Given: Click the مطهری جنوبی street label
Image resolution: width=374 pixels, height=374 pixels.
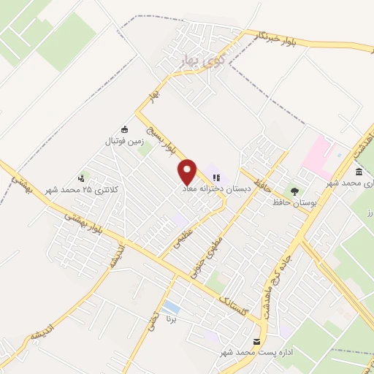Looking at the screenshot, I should click(x=205, y=259).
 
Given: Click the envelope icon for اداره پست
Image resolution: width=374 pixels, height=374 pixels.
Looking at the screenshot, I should click(x=256, y=342).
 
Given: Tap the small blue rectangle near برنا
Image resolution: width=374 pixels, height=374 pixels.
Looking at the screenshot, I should click(x=172, y=305).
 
